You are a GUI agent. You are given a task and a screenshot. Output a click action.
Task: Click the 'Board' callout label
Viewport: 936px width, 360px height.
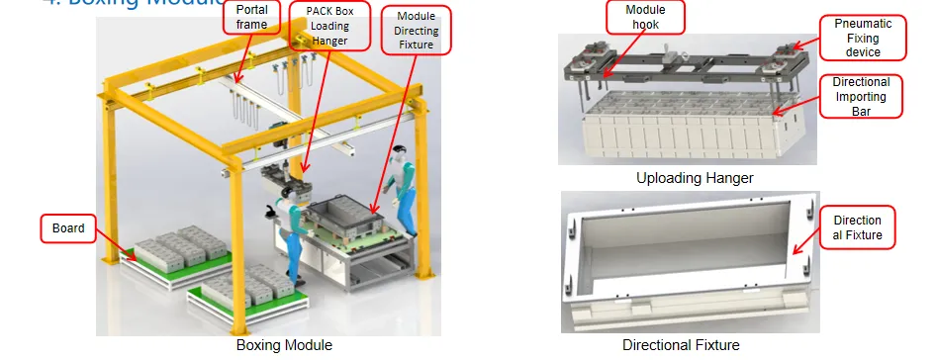(66, 230)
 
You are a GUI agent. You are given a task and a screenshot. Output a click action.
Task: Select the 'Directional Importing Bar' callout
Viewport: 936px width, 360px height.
(861, 96)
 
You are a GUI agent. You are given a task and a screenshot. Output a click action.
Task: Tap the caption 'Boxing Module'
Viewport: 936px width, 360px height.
(284, 345)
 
